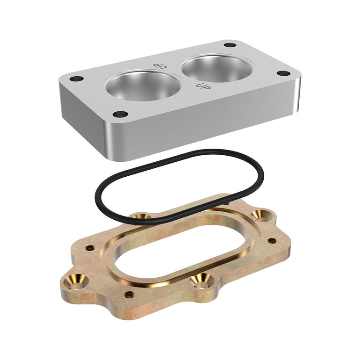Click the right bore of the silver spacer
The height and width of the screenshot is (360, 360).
pyautogui.click(x=217, y=69)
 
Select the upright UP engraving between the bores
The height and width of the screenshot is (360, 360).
pyautogui.click(x=203, y=86)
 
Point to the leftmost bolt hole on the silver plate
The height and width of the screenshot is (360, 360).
pyautogui.click(x=77, y=79)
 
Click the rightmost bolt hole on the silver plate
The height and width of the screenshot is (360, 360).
pyautogui.click(x=284, y=73)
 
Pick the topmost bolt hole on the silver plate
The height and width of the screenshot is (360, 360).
pyautogui.click(x=230, y=45)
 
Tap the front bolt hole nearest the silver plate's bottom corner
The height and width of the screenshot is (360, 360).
pyautogui.click(x=121, y=114)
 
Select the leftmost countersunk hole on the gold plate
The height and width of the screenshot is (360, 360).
pyautogui.click(x=76, y=281)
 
